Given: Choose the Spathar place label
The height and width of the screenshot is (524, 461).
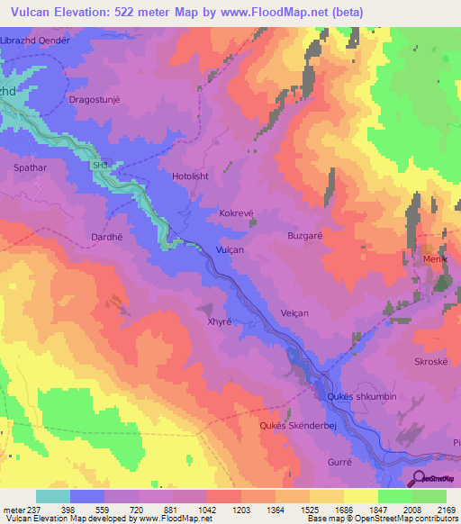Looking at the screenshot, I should (x=29, y=168).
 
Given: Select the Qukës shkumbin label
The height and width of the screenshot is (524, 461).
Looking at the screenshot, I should (x=356, y=396).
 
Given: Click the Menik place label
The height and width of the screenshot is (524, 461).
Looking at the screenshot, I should (x=436, y=260).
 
